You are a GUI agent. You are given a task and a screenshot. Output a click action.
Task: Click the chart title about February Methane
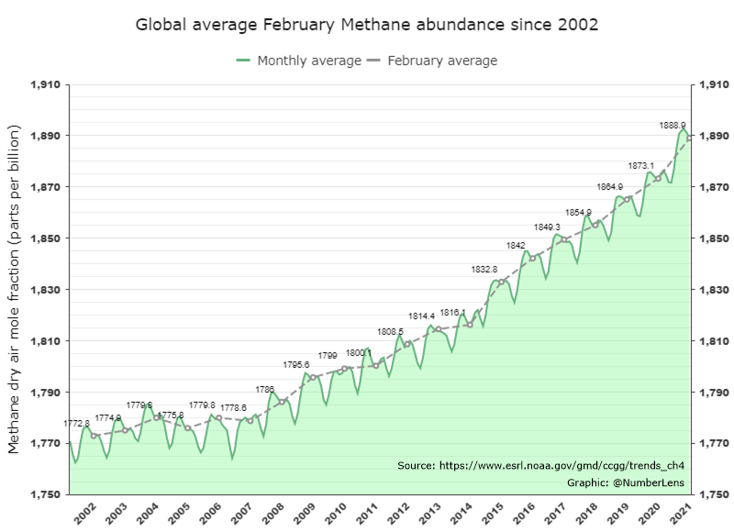click(367, 24)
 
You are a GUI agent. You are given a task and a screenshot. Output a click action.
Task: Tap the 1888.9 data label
click(673, 125)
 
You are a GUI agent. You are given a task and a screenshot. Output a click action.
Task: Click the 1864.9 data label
click(609, 186)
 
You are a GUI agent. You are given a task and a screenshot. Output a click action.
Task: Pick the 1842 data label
click(516, 246)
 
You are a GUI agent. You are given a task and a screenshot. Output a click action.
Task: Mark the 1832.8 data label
click(484, 269)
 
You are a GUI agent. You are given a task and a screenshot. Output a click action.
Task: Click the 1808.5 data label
click(390, 331)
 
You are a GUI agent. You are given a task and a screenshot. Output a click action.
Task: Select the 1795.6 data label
click(296, 365)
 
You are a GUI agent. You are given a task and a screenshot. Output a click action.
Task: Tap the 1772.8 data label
click(77, 424)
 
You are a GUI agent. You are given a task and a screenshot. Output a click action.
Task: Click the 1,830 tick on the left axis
click(46, 290)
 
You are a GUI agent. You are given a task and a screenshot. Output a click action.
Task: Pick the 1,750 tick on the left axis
click(46, 494)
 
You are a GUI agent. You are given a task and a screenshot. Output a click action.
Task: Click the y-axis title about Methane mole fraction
click(15, 289)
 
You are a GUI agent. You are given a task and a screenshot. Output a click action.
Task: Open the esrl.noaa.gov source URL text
click(540, 466)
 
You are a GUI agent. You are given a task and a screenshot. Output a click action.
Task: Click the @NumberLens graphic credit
click(626, 482)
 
